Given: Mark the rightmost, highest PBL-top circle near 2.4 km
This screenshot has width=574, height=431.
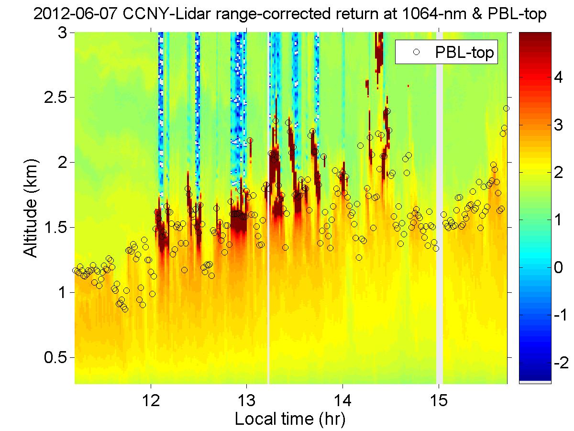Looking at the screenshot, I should click(x=507, y=109).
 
